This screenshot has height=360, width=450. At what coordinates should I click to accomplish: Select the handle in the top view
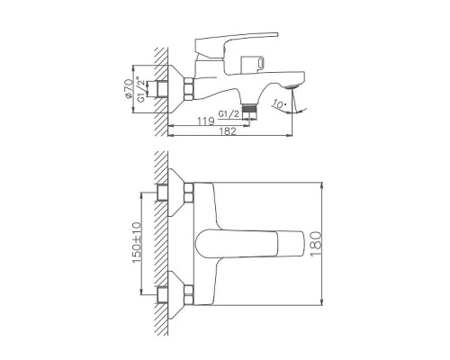coord(243,244)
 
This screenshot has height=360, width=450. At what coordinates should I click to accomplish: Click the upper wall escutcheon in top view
coord(174,193)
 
